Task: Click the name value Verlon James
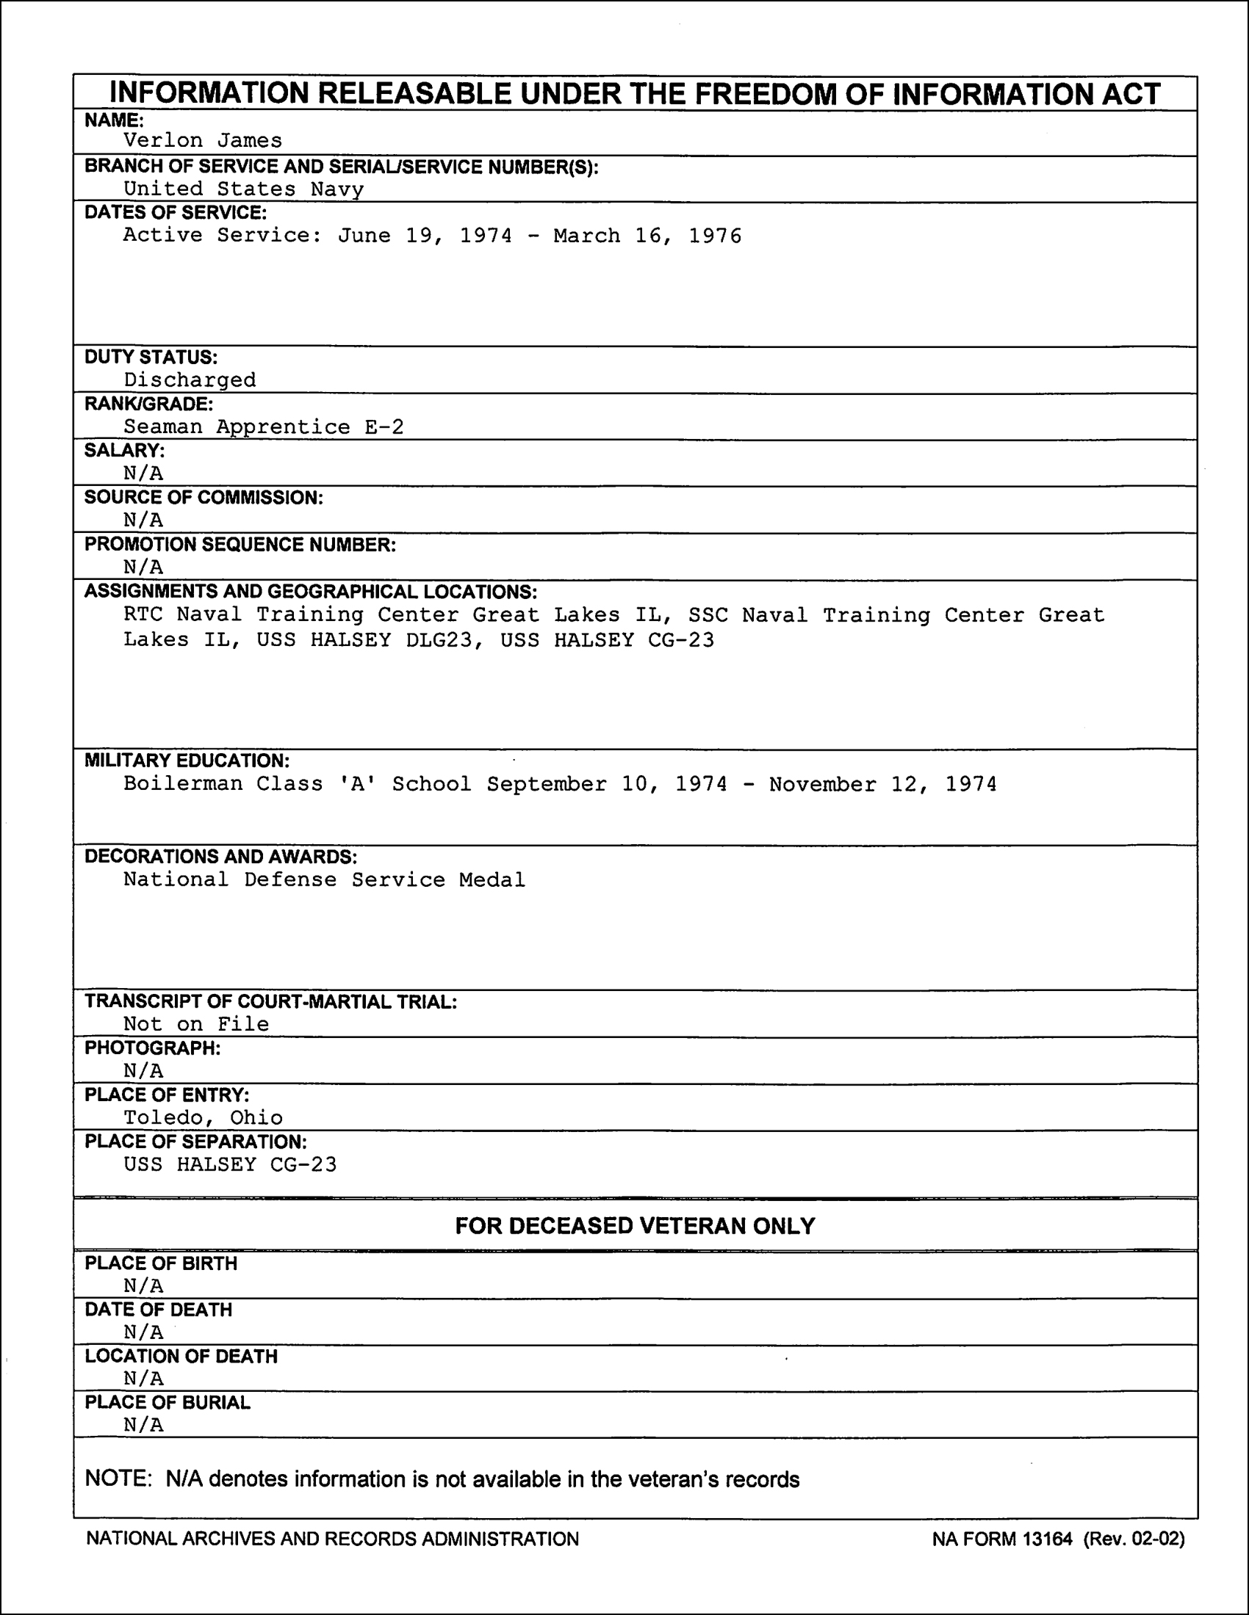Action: pos(202,140)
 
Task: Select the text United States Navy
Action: pos(243,189)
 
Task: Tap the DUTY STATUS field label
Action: pos(151,358)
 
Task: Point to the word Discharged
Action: pos(190,380)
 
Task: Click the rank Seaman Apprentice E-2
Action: pos(264,427)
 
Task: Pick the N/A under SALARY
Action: pos(143,473)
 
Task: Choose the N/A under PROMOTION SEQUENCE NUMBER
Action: pos(143,567)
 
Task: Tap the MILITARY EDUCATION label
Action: pos(187,761)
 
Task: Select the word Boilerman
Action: pos(183,784)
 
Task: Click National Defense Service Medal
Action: pos(324,880)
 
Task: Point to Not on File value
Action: pos(196,1024)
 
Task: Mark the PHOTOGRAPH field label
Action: pos(152,1048)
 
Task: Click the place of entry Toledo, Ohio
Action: pos(203,1117)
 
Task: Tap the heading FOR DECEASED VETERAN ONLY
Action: pos(635,1226)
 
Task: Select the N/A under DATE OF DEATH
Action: pos(143,1332)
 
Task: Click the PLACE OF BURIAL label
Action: pos(168,1403)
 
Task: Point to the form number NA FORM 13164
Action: pos(1002,1539)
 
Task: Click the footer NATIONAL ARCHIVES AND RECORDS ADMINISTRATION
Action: pos(332,1539)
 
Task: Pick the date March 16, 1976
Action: pos(647,236)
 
